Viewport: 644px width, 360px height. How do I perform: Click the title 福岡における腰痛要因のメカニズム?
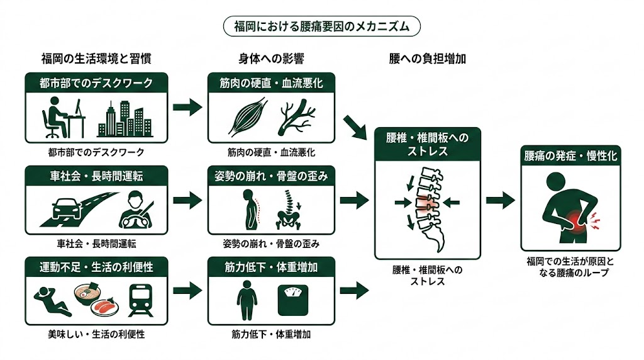click(x=321, y=26)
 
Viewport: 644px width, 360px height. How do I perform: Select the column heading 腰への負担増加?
click(x=428, y=59)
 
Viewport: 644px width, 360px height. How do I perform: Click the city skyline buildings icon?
click(x=125, y=120)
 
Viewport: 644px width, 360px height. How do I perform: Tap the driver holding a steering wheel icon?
click(x=136, y=211)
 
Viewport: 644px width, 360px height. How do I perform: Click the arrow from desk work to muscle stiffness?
click(x=187, y=107)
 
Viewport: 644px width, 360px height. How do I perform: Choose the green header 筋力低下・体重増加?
click(x=272, y=267)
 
